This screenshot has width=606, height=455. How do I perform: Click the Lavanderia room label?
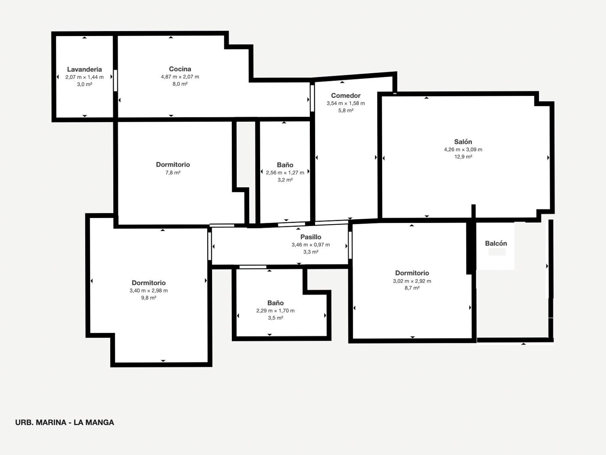84,69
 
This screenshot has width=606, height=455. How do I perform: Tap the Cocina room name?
180,69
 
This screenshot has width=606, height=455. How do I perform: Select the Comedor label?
346,95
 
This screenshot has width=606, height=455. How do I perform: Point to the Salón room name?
463,142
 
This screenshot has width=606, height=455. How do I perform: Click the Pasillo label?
311,237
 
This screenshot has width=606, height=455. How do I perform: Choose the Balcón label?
496,243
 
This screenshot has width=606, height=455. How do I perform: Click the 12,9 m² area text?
463,157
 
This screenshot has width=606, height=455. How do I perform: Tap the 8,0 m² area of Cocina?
180,84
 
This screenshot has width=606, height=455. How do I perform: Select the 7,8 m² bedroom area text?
173,173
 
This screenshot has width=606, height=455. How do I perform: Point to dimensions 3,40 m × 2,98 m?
149,291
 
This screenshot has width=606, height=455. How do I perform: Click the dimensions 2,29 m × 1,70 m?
276,311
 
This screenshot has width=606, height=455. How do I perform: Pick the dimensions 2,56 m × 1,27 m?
285,173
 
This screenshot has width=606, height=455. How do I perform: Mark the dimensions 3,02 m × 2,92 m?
412,281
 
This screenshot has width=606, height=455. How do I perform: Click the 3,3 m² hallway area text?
311,252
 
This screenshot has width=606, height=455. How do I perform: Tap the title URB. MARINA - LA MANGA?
65,422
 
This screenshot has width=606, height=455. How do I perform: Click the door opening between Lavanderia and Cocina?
116,80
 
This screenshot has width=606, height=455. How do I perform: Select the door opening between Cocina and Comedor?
312,98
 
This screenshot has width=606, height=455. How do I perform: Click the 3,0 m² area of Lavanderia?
84,84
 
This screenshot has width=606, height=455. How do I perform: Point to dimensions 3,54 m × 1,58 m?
346,103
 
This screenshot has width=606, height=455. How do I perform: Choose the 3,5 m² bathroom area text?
276,318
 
